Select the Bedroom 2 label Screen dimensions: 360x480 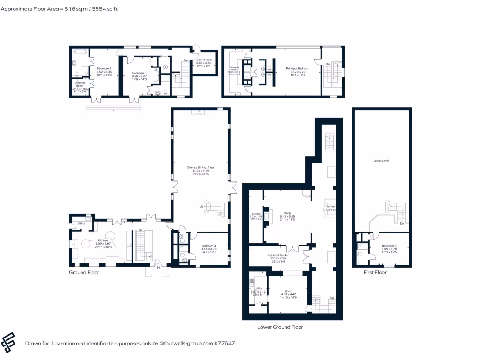(x=104, y=68)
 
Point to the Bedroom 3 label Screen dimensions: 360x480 (x=139, y=73)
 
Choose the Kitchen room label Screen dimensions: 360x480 (x=103, y=240)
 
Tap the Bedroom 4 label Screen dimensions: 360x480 (x=209, y=246)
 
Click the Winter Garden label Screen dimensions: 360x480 (x=330, y=208)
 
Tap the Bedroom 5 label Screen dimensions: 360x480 (x=389, y=246)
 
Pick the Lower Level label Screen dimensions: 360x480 (x=381, y=161)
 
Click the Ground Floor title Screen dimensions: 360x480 (x=84, y=272)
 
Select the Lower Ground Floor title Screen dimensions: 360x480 (x=280, y=327)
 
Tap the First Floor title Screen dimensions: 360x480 (x=375, y=272)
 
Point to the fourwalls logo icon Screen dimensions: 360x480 (x=8, y=342)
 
